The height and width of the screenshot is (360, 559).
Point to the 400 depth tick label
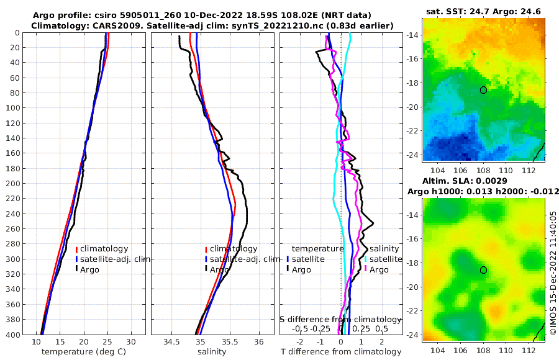(x=13, y=335)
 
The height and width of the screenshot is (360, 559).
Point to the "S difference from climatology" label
(x=336, y=319)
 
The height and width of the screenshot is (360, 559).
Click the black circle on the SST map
(x=483, y=90)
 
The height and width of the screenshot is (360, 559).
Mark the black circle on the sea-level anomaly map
(x=483, y=270)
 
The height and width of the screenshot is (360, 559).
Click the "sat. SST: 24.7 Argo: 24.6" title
(x=483, y=11)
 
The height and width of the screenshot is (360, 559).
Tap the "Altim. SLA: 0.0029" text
(x=483, y=179)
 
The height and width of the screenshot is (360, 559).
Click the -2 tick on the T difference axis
(x=301, y=342)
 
